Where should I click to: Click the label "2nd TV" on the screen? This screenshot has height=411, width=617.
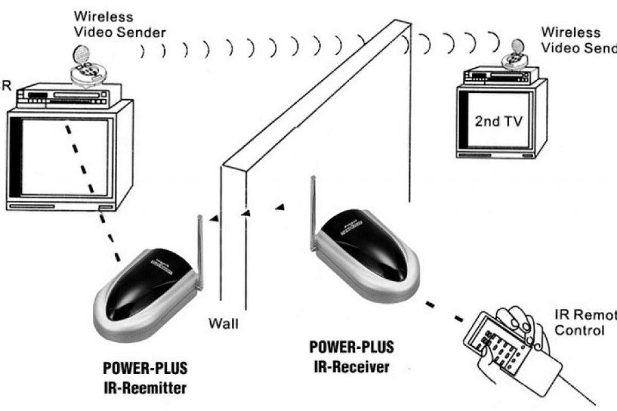(x=498, y=122)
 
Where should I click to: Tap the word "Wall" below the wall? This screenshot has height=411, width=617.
(x=223, y=324)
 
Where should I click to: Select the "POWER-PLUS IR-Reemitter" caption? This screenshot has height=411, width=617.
(x=146, y=377)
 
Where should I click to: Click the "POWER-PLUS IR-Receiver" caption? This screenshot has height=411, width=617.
(x=352, y=357)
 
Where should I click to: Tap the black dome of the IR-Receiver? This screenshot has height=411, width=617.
(x=367, y=252)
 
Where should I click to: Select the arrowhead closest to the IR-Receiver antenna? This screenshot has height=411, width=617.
(x=280, y=207)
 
